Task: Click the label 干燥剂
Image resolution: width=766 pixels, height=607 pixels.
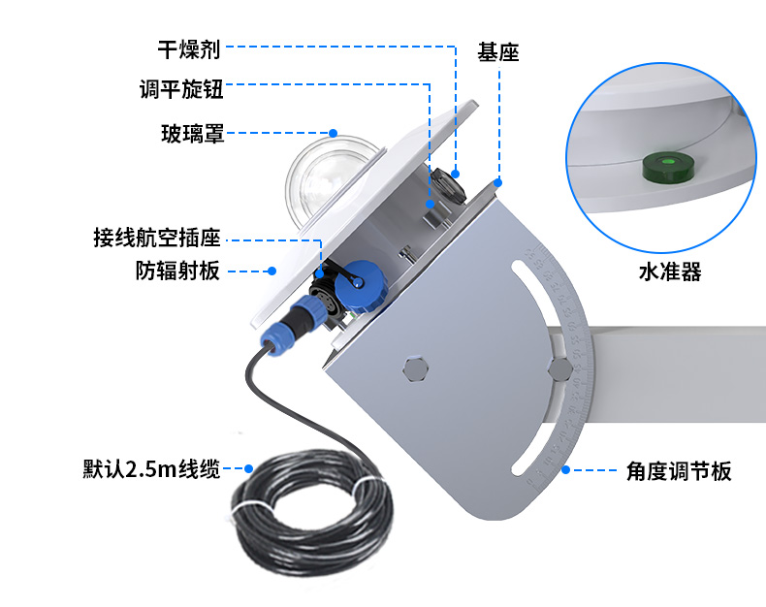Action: click(189, 49)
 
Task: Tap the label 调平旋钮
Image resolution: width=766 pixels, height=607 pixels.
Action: click(181, 89)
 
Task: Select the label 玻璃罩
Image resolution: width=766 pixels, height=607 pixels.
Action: click(193, 134)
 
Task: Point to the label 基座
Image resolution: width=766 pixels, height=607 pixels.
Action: click(497, 52)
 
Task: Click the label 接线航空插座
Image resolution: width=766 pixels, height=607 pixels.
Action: click(157, 238)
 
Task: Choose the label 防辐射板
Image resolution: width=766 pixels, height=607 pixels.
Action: click(177, 271)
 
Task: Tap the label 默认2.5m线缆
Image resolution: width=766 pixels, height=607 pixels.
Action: click(151, 468)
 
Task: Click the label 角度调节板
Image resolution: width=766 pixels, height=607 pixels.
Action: click(679, 471)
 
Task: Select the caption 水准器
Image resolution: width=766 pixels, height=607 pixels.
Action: click(670, 272)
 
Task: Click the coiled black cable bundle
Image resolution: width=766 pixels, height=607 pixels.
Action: click(312, 513)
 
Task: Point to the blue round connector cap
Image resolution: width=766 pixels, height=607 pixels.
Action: click(362, 286)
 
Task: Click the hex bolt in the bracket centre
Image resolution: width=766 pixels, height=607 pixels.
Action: click(416, 368)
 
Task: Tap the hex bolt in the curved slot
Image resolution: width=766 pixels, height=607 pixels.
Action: click(559, 370)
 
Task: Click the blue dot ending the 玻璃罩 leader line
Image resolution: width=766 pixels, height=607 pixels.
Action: click(334, 133)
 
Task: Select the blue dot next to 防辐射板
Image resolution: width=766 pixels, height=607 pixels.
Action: click(272, 271)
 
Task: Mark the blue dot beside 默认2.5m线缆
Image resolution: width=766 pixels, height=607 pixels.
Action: click(248, 468)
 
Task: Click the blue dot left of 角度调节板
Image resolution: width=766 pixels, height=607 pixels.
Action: click(565, 469)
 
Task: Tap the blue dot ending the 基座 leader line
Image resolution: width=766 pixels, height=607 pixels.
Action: click(497, 183)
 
